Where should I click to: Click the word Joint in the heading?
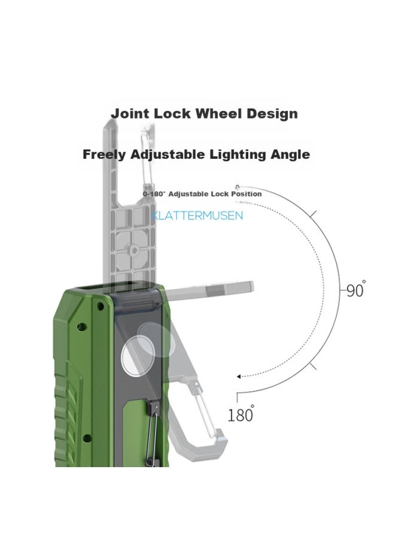click(x=130, y=114)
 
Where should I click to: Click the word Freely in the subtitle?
click(x=105, y=155)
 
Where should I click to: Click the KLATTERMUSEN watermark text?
click(x=197, y=216)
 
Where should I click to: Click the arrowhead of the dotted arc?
click(x=239, y=377)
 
